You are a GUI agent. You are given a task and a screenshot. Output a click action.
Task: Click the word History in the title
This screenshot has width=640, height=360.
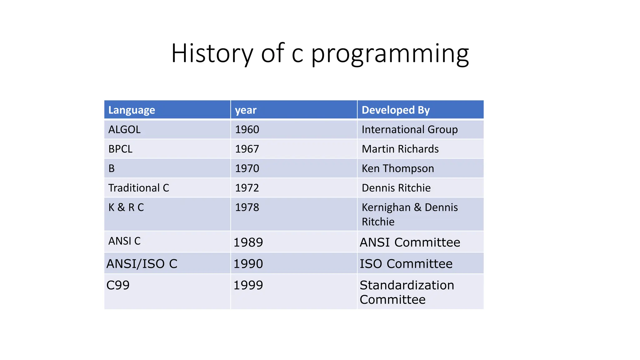(x=212, y=53)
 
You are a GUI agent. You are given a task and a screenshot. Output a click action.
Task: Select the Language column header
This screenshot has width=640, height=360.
(x=132, y=110)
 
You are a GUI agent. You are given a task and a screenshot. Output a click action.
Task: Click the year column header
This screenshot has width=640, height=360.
(x=246, y=110)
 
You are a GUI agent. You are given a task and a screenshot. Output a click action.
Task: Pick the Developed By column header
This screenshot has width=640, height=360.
(x=396, y=110)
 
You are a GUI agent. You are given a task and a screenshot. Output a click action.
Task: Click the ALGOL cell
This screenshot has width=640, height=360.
(x=124, y=129)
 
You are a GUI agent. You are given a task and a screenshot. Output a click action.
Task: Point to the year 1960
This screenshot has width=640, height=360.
(x=247, y=129)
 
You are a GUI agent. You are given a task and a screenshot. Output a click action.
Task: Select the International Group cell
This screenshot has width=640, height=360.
(x=409, y=129)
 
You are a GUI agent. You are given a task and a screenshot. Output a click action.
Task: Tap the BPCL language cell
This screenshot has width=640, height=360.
(x=120, y=149)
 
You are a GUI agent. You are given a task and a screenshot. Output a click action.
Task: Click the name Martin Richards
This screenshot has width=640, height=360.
(x=400, y=149)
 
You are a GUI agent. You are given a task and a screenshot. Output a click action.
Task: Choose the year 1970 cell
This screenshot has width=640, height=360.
(x=247, y=168)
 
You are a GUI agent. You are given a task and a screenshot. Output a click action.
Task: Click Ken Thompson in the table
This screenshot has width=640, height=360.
(x=397, y=168)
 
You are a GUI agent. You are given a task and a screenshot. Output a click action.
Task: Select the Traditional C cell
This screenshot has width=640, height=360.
(x=138, y=188)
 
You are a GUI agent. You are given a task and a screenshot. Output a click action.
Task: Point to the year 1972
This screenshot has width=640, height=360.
(x=247, y=188)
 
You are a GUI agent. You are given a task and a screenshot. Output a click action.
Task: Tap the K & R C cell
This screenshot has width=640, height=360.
(x=126, y=207)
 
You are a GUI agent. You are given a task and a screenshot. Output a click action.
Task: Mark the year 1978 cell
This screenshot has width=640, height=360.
(x=247, y=207)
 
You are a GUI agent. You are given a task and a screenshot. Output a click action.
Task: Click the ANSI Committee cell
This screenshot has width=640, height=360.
(x=410, y=242)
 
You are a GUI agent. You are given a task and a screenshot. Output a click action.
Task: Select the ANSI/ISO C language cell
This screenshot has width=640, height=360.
(x=142, y=264)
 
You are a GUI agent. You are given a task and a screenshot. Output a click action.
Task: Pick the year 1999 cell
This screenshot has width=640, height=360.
(x=248, y=285)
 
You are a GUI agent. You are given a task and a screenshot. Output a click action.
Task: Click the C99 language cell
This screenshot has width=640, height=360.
(x=118, y=285)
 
